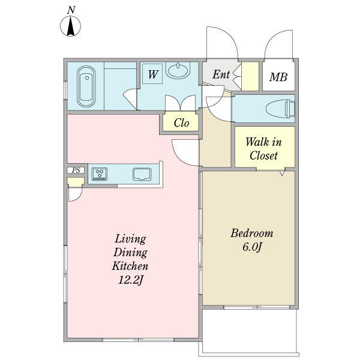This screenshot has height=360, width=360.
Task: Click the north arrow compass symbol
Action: [x=70, y=26]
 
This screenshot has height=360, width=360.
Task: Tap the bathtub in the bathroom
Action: [x=86, y=86]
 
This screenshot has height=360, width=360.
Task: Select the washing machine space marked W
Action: [x=152, y=74]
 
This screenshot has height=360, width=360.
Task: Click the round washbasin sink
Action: [x=178, y=70]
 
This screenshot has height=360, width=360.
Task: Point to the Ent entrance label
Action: [x=221, y=74]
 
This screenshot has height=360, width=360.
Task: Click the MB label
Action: [x=278, y=77]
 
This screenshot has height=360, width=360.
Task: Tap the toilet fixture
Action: [x=280, y=109]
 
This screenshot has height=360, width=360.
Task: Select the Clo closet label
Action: [x=181, y=123]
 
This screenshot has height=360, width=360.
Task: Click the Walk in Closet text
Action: [x=263, y=149]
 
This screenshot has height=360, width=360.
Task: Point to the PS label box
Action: [x=76, y=170]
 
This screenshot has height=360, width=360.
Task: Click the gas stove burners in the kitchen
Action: [x=100, y=174]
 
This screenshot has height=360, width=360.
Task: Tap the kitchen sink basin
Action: [x=142, y=174]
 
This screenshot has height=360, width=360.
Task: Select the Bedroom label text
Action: [x=252, y=233]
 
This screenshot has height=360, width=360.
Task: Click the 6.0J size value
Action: [x=252, y=247]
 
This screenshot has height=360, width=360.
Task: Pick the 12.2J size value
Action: [x=130, y=280]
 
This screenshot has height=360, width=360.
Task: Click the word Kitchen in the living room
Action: [x=130, y=266]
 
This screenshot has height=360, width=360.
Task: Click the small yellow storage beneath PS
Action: [x=76, y=181]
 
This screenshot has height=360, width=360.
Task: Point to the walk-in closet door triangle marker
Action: [x=282, y=173]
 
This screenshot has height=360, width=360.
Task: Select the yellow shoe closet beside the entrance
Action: [x=250, y=76]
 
